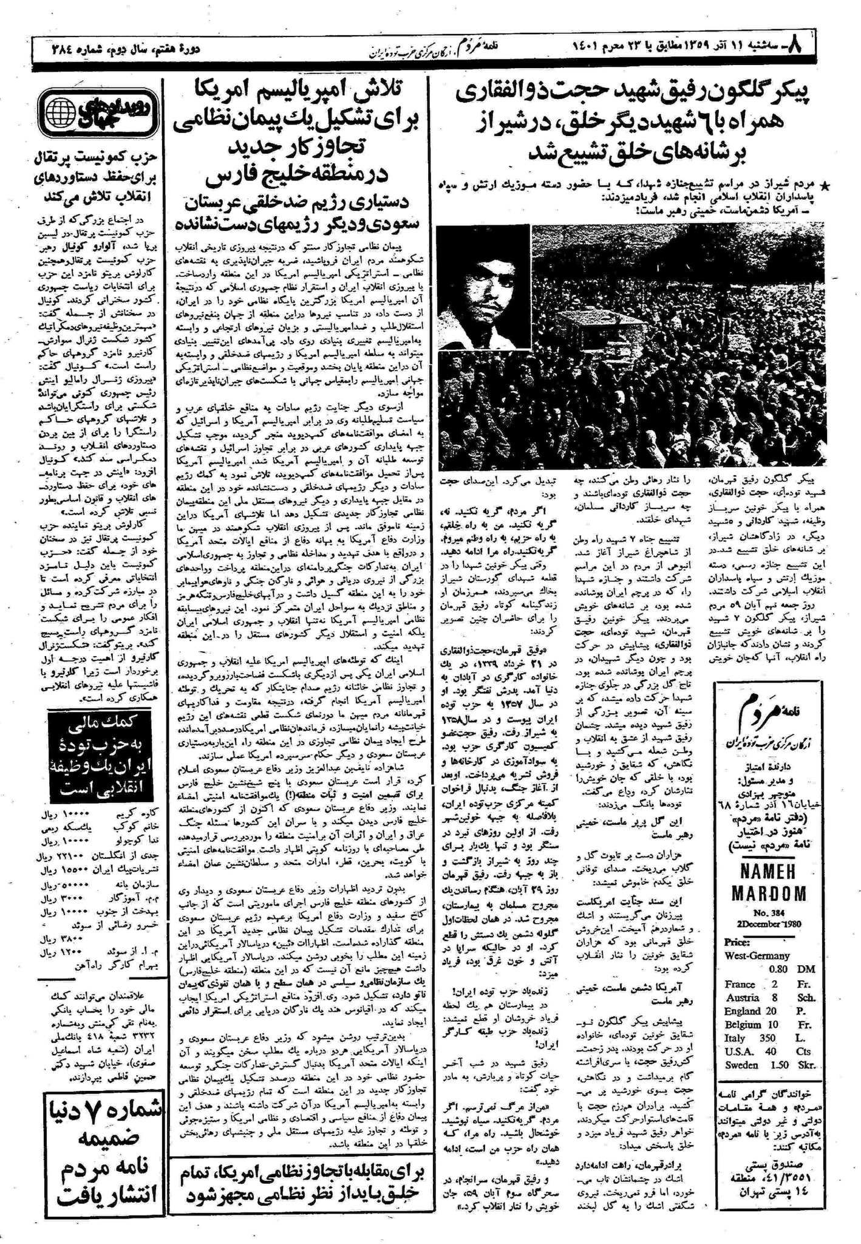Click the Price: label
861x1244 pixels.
pos(737,943)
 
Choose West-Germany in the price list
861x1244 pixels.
pos(757,955)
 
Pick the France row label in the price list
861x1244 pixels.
pos(740,984)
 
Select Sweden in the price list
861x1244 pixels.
pos(741,1065)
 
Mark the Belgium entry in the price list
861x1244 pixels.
pos(743,1024)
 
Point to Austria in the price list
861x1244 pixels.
pos(741,997)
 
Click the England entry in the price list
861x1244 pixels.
pos(743,1011)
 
